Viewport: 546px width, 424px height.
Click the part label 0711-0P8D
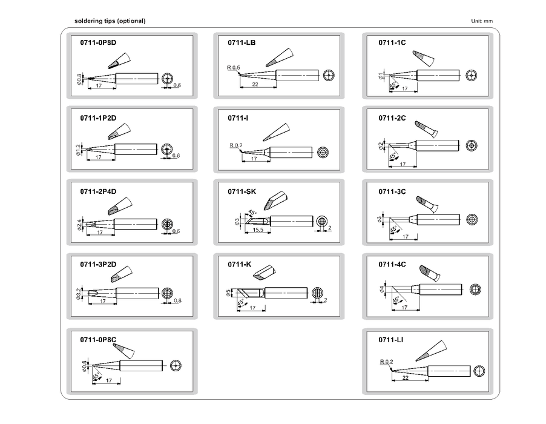point(97,44)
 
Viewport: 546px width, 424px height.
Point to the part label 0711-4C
point(392,264)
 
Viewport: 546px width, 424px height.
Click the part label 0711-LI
point(390,339)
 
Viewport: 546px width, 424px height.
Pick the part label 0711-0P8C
point(97,339)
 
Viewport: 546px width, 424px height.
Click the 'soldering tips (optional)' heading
point(110,21)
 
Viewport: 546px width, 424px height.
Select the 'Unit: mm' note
point(482,21)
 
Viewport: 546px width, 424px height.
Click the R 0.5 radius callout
point(234,67)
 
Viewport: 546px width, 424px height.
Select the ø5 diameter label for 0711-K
point(228,293)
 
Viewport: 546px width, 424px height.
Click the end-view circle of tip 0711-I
point(323,151)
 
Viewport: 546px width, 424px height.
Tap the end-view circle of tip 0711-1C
point(472,75)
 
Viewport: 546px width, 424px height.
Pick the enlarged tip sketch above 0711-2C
point(427,130)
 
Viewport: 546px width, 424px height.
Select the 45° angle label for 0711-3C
point(394,229)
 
